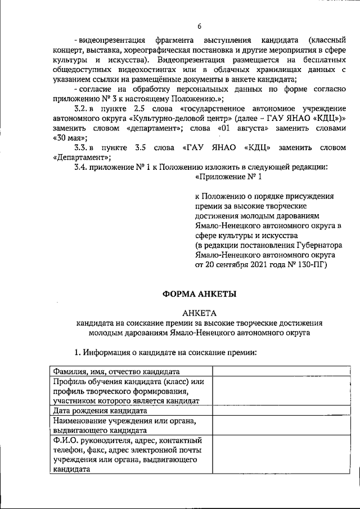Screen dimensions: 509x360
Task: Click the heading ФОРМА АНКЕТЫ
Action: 199,293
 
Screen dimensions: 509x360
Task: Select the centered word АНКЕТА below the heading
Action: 199,312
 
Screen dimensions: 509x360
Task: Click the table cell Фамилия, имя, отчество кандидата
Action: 116,371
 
